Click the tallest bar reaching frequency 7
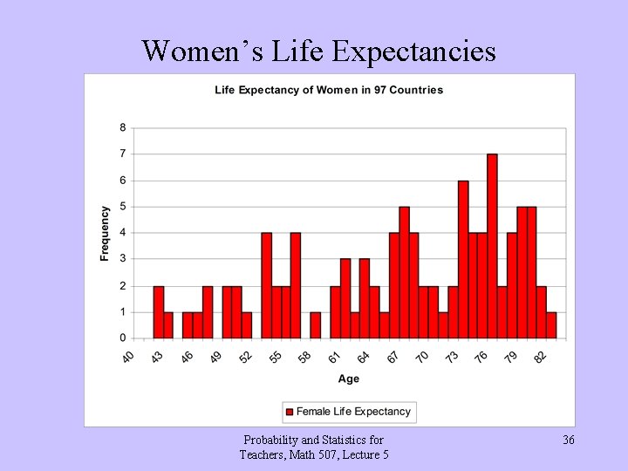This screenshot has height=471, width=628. [492, 246]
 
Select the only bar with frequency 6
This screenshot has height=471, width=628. [463, 259]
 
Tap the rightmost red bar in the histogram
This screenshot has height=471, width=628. [551, 324]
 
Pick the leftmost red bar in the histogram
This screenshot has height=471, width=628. [158, 311]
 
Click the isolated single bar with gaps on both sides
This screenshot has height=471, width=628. [315, 324]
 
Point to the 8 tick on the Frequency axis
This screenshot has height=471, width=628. [122, 127]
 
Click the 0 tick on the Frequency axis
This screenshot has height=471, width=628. [122, 338]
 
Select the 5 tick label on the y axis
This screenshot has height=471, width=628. [122, 207]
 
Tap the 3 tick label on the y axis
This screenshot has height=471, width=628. [122, 259]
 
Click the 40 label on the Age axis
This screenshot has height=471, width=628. [128, 358]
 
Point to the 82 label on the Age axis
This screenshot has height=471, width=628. [540, 358]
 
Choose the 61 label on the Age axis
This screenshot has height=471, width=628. [334, 358]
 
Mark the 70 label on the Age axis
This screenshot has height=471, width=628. [422, 358]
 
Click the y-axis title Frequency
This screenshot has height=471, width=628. [105, 233]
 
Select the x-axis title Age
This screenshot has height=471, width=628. [349, 379]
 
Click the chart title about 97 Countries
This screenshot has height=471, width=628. [329, 90]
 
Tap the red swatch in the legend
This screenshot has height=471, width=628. [290, 412]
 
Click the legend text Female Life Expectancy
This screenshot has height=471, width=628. [353, 412]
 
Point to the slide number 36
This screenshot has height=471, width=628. [568, 440]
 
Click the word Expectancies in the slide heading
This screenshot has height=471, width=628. [414, 51]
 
